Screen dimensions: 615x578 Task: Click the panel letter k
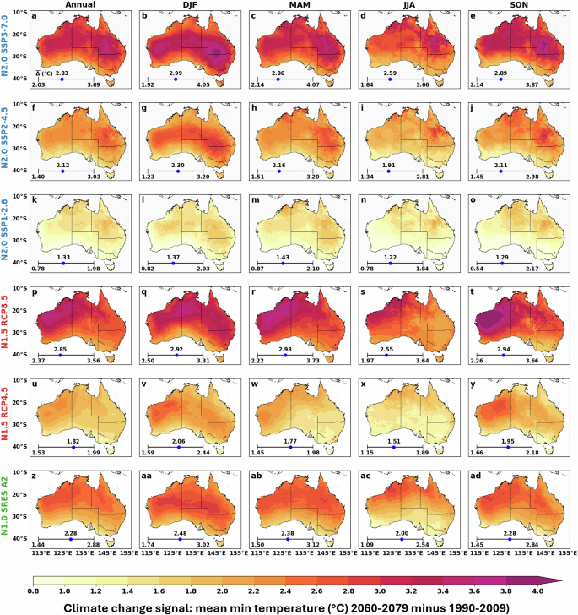tap(34, 200)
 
